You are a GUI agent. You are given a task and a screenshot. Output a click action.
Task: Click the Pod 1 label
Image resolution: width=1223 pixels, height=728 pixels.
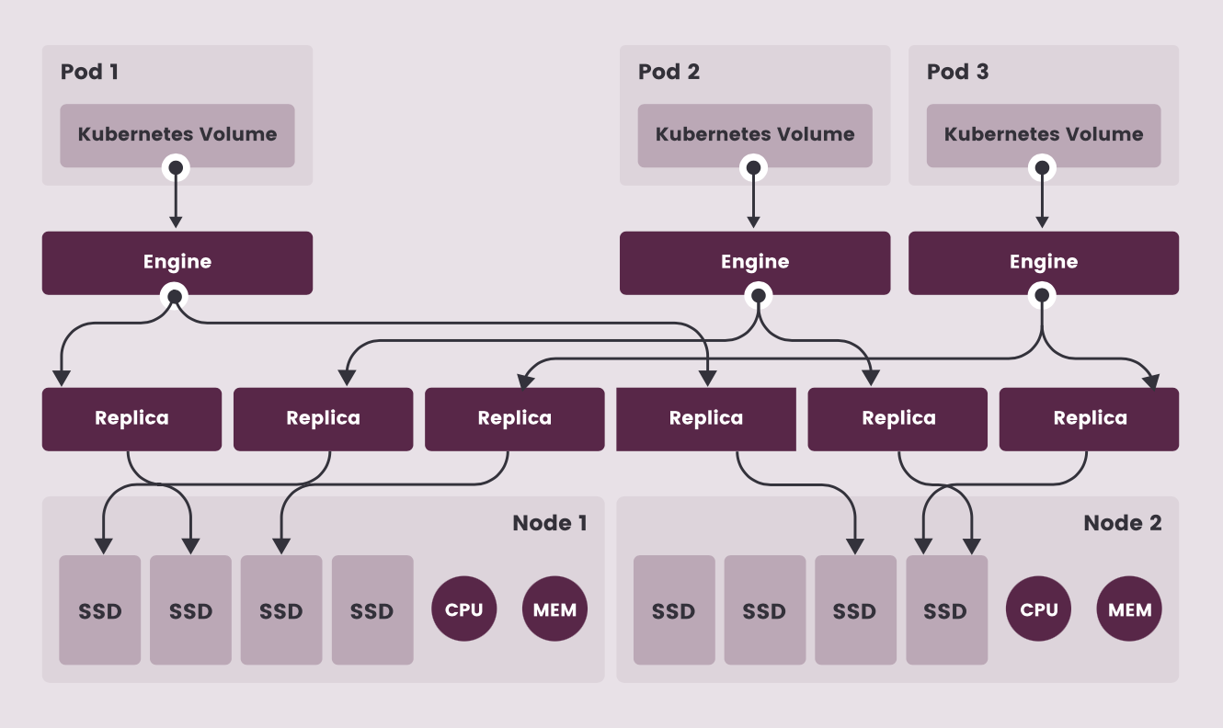point(89,72)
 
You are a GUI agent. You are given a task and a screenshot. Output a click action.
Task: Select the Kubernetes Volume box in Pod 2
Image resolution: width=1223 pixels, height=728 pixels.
point(755,134)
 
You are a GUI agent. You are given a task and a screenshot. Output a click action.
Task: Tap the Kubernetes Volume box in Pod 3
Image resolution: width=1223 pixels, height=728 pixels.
point(1044,134)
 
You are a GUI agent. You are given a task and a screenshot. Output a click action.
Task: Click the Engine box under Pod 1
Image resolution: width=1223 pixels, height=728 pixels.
point(177,262)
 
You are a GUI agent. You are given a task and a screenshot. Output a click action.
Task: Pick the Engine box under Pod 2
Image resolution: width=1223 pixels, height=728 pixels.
point(755,262)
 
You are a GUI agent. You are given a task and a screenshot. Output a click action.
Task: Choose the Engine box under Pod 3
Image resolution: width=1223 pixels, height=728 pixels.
point(1044,262)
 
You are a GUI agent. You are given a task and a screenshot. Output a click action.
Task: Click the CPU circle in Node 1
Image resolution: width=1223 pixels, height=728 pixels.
point(464,609)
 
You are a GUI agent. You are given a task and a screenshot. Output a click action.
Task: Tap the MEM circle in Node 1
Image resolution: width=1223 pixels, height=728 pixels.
point(555,609)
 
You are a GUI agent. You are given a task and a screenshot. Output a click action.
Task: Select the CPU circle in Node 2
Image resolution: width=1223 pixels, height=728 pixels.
point(1039,609)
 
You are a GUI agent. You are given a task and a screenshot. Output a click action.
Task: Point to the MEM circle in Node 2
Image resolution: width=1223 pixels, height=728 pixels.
point(1130,609)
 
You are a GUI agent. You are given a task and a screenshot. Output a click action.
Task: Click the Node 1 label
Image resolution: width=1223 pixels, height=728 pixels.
point(549,523)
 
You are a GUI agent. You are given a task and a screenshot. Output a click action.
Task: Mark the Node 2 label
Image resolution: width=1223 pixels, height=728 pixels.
point(1123,523)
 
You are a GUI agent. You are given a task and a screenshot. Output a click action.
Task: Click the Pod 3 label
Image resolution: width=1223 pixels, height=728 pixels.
point(957,72)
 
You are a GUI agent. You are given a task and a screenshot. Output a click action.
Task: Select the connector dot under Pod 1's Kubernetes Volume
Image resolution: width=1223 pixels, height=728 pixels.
point(176,167)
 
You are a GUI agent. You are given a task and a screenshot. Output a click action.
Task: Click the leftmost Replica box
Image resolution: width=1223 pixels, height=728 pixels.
point(131,418)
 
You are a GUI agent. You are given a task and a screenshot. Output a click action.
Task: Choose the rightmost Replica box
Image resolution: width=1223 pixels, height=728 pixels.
point(1090,418)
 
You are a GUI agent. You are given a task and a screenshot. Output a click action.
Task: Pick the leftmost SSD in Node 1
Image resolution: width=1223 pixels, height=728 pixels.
point(100,609)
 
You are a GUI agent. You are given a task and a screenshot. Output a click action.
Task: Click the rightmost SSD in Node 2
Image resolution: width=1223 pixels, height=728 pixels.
point(946,609)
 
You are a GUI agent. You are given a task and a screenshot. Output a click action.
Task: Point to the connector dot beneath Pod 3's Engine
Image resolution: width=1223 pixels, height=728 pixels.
point(1042,295)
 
